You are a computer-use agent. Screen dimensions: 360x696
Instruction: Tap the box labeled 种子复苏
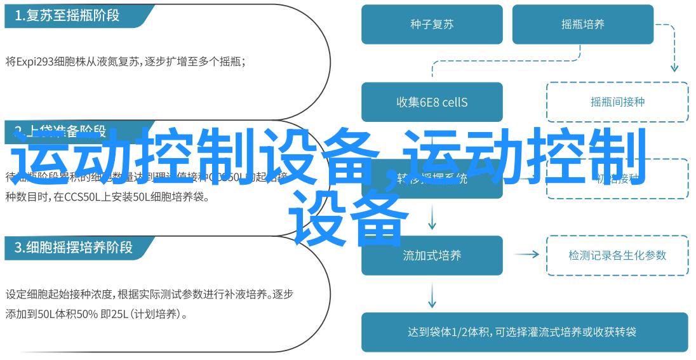tap(432, 25)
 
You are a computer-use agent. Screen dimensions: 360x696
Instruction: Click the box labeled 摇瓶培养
tap(582, 25)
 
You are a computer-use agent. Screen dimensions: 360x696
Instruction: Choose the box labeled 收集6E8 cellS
tap(432, 102)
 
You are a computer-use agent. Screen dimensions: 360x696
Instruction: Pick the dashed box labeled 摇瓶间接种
tap(617, 102)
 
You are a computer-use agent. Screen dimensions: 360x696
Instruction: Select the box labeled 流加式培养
tap(432, 255)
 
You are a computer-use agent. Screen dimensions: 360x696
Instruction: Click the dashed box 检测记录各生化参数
tap(617, 255)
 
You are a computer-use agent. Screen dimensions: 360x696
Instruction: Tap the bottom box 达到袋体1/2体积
tap(525, 332)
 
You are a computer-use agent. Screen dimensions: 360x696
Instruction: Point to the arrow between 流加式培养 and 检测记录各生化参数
tap(526, 255)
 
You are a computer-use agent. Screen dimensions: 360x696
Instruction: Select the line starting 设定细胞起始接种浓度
tap(149, 295)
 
